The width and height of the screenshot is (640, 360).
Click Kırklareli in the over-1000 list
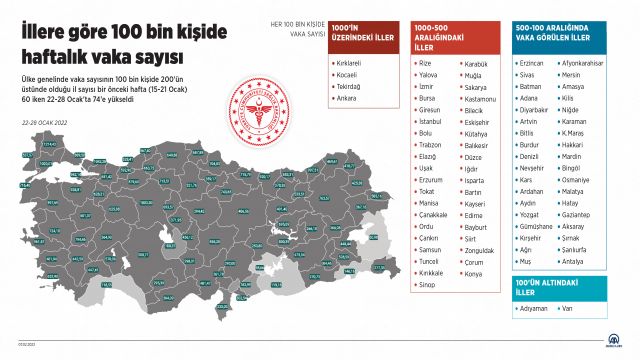point(348,62)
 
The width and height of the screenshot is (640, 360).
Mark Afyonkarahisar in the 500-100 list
point(585,62)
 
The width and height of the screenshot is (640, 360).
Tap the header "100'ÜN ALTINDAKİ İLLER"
point(541,289)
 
